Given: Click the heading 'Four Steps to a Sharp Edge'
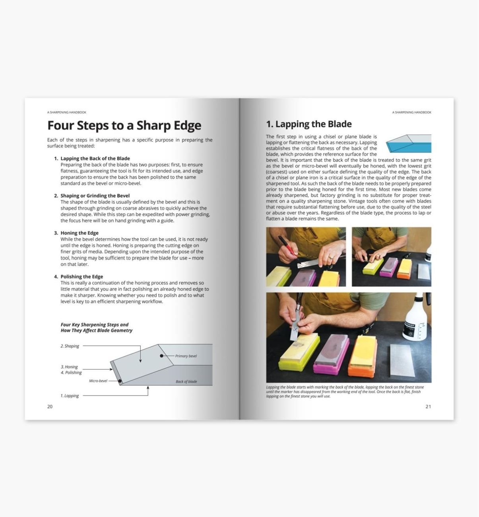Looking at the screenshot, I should (124, 126).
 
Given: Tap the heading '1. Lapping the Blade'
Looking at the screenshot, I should (308, 124).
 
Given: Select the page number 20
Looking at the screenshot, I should (50, 406).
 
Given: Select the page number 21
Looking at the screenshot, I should (428, 406).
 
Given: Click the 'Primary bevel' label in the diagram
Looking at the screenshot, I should (186, 356).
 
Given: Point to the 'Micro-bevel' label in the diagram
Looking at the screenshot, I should (98, 381).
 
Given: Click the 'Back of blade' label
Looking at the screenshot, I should (186, 382).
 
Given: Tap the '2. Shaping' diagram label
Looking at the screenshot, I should (70, 346).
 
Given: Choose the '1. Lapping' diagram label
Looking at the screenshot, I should (70, 396).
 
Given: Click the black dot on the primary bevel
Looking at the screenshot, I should (161, 356).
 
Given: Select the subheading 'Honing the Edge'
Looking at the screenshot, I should (79, 233).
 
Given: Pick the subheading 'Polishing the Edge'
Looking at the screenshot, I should (81, 277).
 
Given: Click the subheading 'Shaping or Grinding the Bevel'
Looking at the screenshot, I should (95, 196).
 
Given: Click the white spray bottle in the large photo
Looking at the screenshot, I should (415, 320).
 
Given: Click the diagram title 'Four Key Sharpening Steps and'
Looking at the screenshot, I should (94, 325).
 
